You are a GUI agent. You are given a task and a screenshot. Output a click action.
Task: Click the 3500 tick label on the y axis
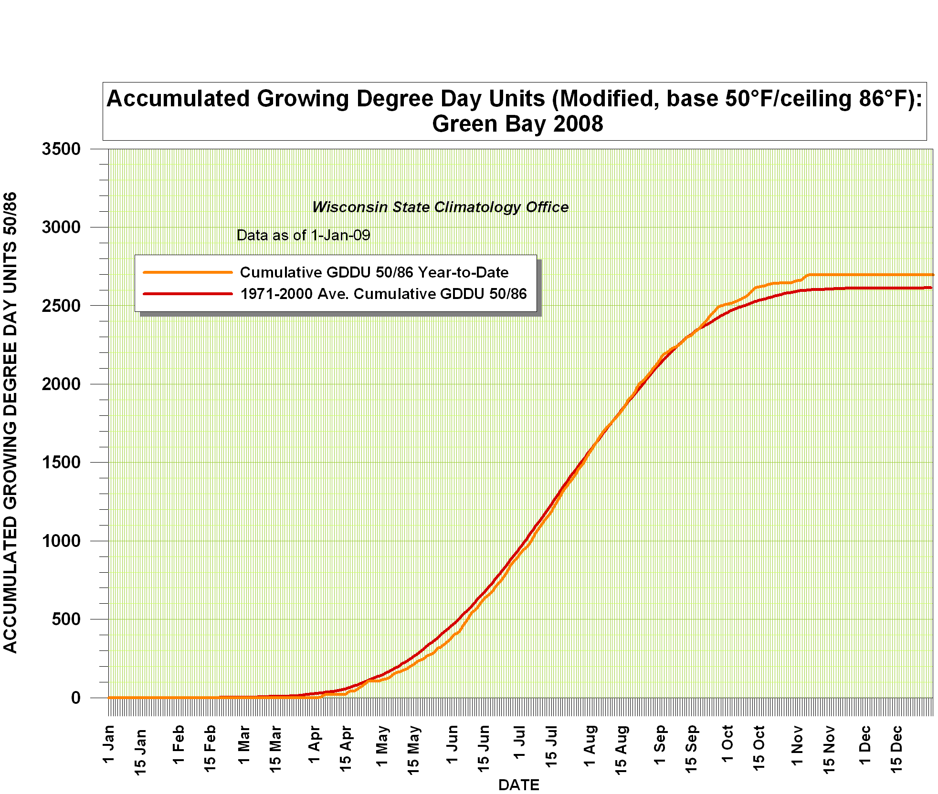point(61,149)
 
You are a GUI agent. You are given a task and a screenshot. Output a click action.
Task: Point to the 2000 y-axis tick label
point(61,384)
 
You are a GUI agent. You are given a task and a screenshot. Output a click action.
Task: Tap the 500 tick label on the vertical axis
point(66,619)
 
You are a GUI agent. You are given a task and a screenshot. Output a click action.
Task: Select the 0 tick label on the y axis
point(76,698)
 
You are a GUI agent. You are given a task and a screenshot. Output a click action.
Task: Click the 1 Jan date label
point(109,744)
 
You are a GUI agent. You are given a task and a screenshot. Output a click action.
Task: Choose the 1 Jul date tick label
point(519,743)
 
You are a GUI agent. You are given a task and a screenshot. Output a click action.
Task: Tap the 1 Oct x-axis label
point(727,743)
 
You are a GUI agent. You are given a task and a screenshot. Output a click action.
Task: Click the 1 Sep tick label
point(660,744)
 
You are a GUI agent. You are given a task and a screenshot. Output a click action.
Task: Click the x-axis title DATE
point(518,785)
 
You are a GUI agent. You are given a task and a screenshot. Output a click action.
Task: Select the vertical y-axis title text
point(11,422)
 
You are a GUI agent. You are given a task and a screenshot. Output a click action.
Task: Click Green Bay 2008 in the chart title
point(517,124)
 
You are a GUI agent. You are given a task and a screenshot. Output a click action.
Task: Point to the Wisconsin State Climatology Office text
point(440,207)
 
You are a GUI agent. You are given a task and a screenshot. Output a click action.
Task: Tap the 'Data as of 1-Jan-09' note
point(303,235)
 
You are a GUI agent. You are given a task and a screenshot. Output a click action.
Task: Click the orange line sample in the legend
point(188,272)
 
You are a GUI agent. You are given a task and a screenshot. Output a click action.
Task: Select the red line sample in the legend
point(188,294)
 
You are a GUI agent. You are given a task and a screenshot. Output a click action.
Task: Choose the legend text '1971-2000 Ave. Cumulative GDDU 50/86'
point(383,294)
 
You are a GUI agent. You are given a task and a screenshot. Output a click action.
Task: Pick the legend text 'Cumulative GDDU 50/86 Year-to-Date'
point(374,272)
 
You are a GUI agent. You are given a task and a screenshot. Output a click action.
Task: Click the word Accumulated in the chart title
point(179,99)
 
